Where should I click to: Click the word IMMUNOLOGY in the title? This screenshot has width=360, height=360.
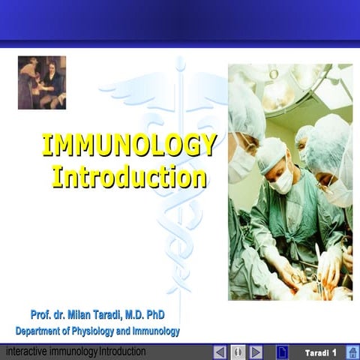click(x=129, y=145)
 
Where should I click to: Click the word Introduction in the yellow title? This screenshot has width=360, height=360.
click(x=129, y=176)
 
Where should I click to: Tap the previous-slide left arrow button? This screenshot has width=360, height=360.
click(x=220, y=352)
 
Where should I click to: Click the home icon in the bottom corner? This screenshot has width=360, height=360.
click(x=352, y=352)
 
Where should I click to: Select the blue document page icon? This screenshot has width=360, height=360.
click(x=282, y=352)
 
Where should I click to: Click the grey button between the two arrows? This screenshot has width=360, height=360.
click(x=238, y=352)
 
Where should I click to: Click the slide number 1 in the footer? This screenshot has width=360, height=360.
click(x=334, y=352)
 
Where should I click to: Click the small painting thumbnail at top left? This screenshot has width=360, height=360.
click(x=42, y=82)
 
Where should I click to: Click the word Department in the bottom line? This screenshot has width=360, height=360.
click(x=38, y=331)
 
